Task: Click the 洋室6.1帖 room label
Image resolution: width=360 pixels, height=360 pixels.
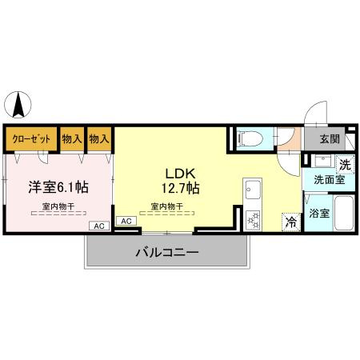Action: tap(58, 186)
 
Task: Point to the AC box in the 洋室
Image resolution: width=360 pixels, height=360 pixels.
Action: tap(99, 226)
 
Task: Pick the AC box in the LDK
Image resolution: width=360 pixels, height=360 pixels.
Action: tap(126, 221)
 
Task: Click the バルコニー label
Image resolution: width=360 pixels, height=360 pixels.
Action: tap(166, 252)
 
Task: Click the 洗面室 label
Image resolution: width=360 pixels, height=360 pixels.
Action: tap(328, 181)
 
